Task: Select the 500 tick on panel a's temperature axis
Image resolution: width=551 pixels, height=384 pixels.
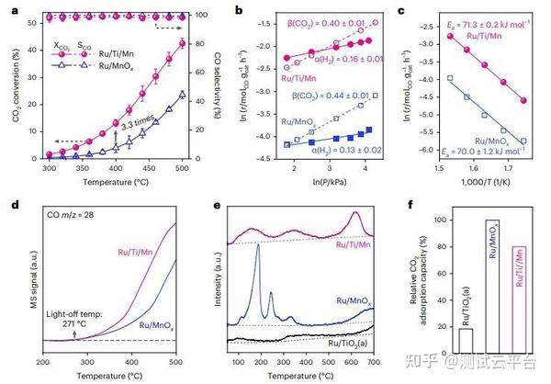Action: click(183, 171)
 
